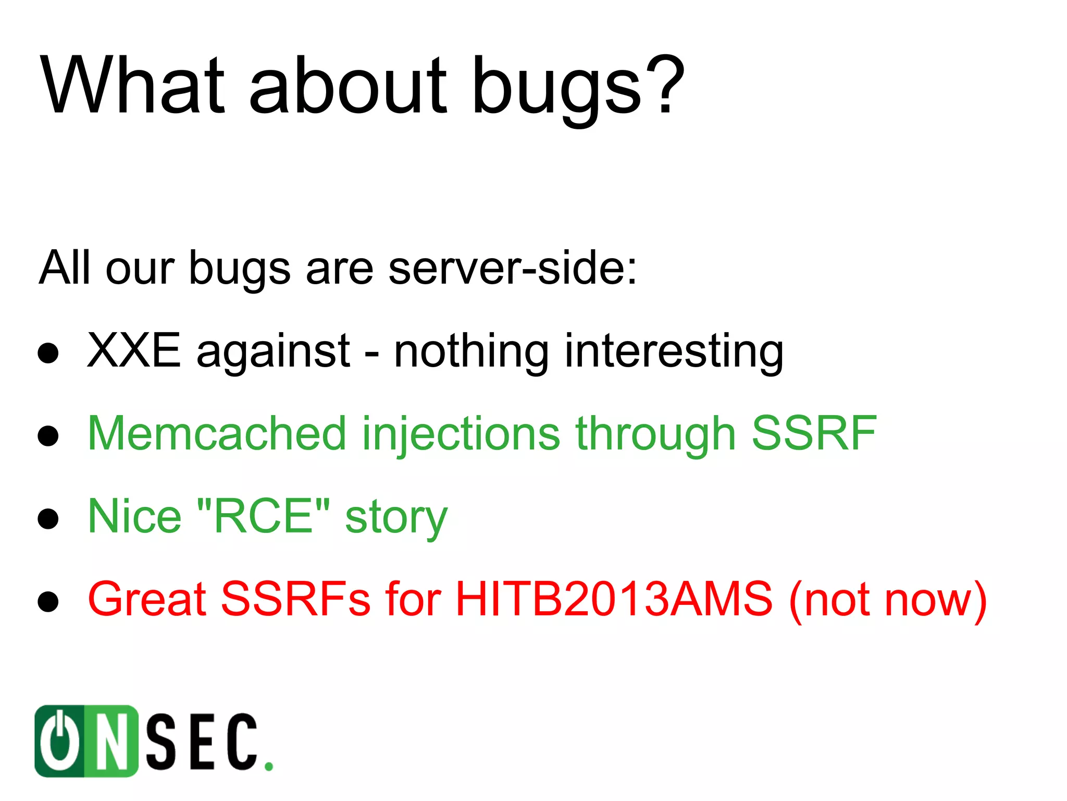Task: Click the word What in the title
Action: click(133, 85)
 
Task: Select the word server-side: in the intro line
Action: click(513, 268)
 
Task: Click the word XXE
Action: click(134, 351)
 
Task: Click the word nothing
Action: click(471, 353)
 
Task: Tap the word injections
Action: click(461, 435)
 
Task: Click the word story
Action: click(396, 519)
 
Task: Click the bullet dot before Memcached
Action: click(48, 436)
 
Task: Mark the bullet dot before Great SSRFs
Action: click(48, 601)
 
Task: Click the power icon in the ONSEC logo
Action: click(60, 741)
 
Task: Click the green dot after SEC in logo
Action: click(268, 766)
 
